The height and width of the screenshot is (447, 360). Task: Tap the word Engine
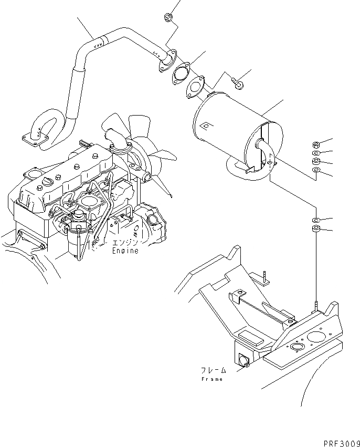(x=125, y=251)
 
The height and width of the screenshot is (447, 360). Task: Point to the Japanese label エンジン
(x=125, y=242)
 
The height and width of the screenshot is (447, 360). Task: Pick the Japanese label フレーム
(x=213, y=369)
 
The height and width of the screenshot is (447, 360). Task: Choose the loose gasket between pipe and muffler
(x=181, y=72)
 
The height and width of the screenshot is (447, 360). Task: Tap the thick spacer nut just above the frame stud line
(x=315, y=229)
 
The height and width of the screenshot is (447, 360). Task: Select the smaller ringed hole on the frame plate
(x=296, y=347)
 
